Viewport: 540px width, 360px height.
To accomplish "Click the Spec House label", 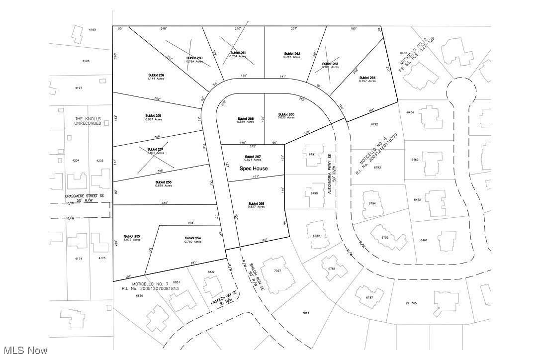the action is (x=254, y=169).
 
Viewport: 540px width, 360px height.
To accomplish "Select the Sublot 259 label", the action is (x=156, y=75).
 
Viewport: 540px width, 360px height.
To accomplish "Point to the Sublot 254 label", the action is (x=192, y=238).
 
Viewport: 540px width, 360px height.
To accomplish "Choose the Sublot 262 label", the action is (x=292, y=54).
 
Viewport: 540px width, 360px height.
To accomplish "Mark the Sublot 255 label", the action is (x=132, y=236).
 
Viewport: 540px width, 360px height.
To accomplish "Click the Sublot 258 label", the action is (x=154, y=115).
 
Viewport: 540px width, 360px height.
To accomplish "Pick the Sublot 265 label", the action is (x=286, y=114).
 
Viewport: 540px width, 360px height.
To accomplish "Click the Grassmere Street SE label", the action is (x=85, y=196).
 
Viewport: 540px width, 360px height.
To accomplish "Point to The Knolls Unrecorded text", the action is (x=88, y=121).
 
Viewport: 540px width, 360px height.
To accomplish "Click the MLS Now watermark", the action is (x=24, y=351).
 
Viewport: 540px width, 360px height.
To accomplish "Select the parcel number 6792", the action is (x=375, y=124).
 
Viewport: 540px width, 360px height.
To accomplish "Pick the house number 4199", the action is (x=92, y=30).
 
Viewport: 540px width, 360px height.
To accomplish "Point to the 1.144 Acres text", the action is (x=156, y=79).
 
